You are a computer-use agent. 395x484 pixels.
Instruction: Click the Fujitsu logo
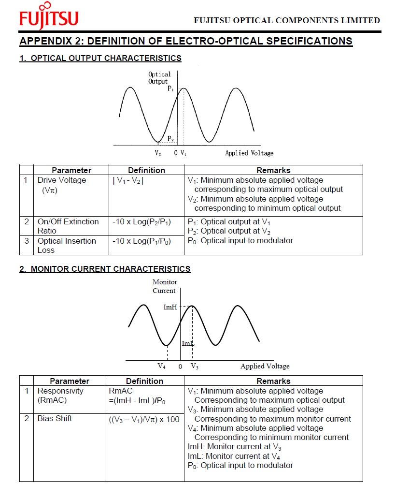(x=49, y=16)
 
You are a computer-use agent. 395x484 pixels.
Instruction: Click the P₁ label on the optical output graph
(x=170, y=88)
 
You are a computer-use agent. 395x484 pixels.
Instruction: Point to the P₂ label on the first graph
(x=170, y=139)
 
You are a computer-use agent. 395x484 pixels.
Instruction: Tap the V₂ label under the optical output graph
(x=158, y=153)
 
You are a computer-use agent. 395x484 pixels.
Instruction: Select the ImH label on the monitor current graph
(x=170, y=307)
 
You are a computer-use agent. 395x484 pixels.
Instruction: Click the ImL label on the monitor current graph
(x=188, y=343)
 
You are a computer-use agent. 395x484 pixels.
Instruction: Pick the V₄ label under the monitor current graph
(x=162, y=367)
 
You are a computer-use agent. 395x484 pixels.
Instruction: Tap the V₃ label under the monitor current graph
(x=194, y=367)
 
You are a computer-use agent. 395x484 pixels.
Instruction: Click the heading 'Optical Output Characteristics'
(x=100, y=59)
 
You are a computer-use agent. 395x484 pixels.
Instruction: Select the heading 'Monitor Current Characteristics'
(x=105, y=269)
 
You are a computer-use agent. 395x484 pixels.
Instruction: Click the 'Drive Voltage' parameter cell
(x=61, y=185)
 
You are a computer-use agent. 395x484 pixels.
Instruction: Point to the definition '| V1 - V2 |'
(x=128, y=180)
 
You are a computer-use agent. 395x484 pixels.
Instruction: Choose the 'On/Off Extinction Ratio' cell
(x=68, y=226)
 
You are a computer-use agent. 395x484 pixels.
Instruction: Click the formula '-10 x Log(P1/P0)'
(x=141, y=241)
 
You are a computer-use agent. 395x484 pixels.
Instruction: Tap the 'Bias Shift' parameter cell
(x=55, y=418)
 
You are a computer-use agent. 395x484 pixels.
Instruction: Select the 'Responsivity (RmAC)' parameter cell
(x=60, y=396)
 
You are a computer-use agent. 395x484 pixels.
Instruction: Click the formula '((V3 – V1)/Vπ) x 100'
(x=144, y=419)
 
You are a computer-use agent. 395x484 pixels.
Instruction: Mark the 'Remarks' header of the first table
(x=273, y=170)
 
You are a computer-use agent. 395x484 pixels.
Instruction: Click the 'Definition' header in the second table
(x=144, y=381)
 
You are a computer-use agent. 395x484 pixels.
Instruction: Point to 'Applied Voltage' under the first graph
(x=249, y=153)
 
